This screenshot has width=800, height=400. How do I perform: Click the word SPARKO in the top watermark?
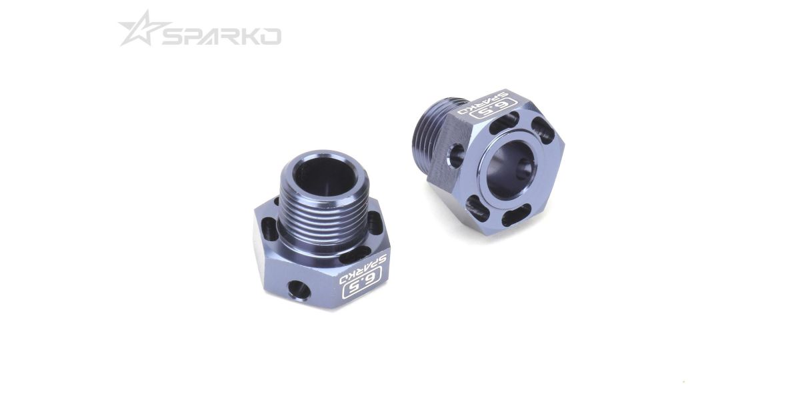click(x=222, y=37)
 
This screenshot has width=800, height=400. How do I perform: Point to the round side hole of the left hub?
click(x=299, y=290)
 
